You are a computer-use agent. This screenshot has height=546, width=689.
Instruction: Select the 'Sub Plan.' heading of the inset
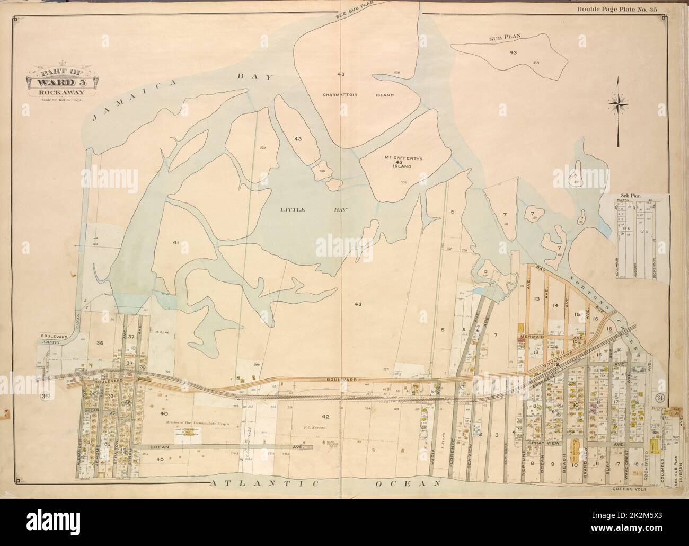pos(630,196)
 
